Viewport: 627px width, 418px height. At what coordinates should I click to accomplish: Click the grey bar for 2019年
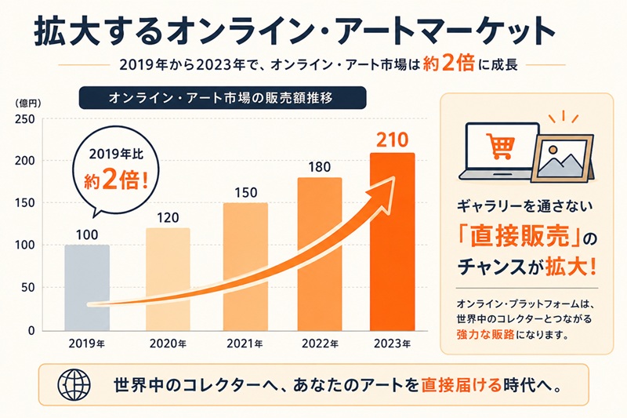click(x=87, y=288)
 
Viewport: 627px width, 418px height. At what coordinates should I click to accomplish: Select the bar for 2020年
click(x=168, y=279)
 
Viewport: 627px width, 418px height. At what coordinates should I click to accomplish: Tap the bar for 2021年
click(x=245, y=267)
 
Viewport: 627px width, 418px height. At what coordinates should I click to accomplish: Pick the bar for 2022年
click(x=320, y=254)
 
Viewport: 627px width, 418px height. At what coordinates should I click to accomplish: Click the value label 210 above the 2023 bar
click(x=393, y=140)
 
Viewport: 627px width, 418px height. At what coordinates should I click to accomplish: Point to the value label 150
click(x=245, y=193)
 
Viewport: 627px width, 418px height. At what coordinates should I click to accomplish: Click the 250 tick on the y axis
click(x=24, y=119)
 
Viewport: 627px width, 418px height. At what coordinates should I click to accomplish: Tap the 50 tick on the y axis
click(x=28, y=288)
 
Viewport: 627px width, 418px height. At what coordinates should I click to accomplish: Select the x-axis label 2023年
click(x=393, y=343)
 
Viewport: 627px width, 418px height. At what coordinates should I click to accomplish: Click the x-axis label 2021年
click(x=245, y=343)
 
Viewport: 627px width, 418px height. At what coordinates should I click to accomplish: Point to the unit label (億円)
click(x=28, y=104)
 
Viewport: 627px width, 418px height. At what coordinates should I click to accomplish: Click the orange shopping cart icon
click(x=501, y=146)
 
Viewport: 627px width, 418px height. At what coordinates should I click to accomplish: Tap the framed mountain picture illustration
click(x=563, y=158)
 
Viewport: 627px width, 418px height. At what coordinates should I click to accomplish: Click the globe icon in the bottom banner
click(x=74, y=385)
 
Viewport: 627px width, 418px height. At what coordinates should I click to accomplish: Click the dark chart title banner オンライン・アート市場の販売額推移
click(x=223, y=97)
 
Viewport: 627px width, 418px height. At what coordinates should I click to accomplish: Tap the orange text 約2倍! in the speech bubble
click(x=116, y=182)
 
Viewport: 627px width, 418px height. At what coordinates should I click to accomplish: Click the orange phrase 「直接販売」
click(x=520, y=237)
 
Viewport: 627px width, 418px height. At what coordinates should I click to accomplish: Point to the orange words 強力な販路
click(x=485, y=334)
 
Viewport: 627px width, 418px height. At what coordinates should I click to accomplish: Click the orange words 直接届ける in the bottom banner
click(x=461, y=385)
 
